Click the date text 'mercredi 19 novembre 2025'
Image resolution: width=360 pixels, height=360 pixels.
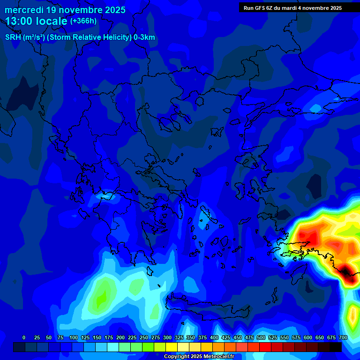[65, 10]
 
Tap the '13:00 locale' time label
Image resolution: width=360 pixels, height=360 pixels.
[37, 21]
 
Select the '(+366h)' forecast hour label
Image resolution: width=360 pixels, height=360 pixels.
[83, 21]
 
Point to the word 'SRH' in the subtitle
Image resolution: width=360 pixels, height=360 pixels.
[13, 37]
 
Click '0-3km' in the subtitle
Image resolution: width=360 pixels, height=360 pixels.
[144, 37]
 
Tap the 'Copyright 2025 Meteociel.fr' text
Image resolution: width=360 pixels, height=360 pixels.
[199, 356]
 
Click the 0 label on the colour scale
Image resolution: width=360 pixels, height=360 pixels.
[24, 337]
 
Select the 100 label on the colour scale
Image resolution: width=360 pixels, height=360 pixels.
[74, 337]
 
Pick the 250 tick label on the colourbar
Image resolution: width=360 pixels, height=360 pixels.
[144, 337]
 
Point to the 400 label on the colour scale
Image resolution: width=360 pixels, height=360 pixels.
[214, 337]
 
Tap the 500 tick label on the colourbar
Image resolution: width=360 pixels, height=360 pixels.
[261, 337]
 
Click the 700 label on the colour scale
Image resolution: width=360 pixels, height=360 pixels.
[343, 337]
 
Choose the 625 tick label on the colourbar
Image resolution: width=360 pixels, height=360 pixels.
[320, 337]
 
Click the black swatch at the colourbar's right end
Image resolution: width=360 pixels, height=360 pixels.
[336, 347]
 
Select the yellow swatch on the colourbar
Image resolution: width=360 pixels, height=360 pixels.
[172, 347]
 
